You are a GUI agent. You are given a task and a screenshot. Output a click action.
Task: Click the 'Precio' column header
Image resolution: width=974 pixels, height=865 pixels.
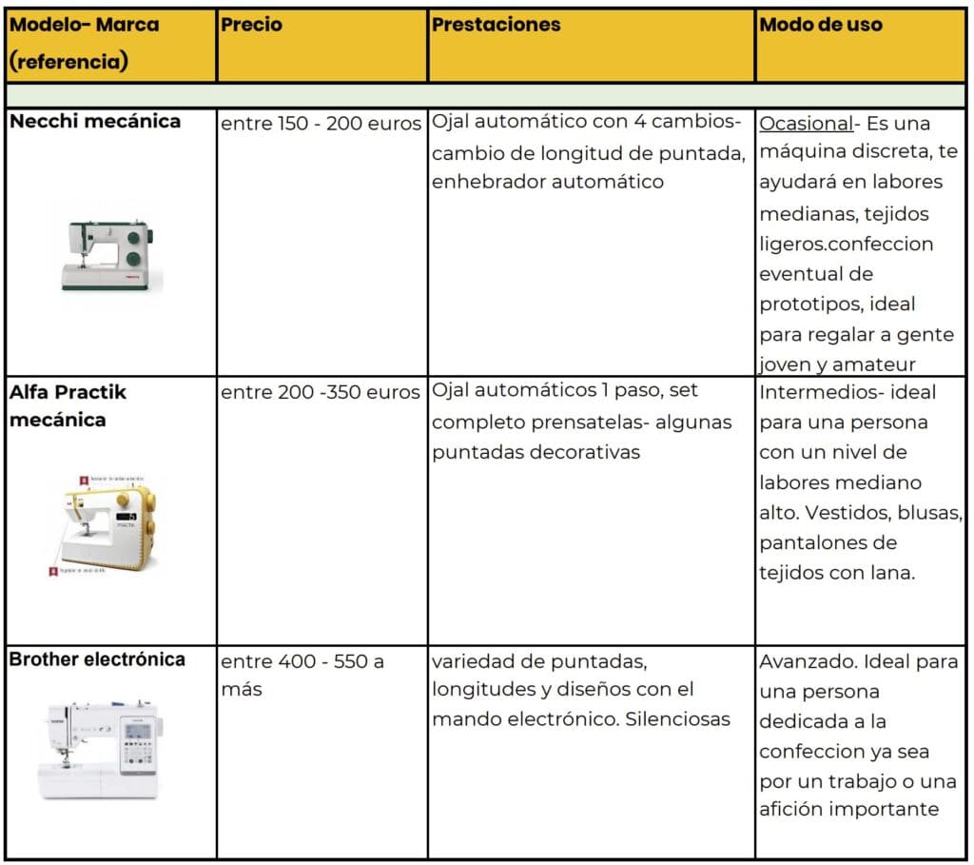(x=252, y=26)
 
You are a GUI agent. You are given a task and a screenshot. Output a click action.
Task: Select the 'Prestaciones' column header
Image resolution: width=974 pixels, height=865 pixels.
(x=496, y=26)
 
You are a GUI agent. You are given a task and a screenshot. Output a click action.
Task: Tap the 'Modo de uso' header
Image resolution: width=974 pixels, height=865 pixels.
(x=821, y=26)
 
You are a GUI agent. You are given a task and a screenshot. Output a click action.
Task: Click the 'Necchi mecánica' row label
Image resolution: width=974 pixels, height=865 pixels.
(x=94, y=122)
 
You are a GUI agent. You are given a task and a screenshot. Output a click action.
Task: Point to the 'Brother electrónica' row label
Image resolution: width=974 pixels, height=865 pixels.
(x=97, y=659)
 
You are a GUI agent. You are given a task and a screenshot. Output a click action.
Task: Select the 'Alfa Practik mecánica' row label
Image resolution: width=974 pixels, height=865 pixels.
(x=68, y=405)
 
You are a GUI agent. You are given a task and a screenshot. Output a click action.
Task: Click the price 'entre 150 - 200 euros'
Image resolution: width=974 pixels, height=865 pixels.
(x=321, y=124)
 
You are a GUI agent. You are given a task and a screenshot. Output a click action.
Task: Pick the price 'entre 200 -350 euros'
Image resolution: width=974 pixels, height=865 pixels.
(x=321, y=392)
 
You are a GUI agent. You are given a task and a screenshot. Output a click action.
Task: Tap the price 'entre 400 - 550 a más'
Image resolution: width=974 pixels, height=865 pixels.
(x=302, y=675)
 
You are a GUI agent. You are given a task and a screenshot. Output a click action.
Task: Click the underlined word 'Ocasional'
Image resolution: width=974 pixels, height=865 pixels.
(x=805, y=124)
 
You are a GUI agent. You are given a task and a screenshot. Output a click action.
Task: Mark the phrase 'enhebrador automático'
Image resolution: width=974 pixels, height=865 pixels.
(x=547, y=182)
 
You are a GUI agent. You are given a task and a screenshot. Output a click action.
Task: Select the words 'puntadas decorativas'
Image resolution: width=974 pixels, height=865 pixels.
(x=536, y=452)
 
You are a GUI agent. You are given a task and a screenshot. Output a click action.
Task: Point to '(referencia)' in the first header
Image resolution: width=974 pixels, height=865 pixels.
(x=68, y=64)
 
